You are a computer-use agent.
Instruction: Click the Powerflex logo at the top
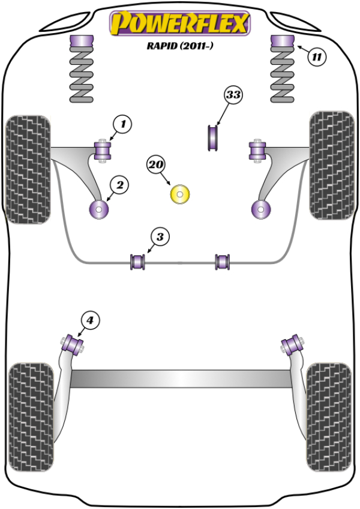(x=179, y=25)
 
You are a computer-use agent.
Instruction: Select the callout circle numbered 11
(x=316, y=58)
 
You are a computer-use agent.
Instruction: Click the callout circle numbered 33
(x=233, y=95)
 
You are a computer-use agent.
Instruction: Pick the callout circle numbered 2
(x=119, y=186)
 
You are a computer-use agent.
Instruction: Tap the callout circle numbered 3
(x=159, y=238)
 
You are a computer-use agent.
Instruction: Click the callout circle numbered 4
(x=89, y=321)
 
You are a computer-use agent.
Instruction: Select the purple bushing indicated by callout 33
(x=212, y=138)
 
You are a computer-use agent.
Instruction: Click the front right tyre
(x=331, y=164)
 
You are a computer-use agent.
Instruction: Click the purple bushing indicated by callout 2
(x=97, y=209)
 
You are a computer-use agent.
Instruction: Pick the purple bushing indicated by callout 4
(x=75, y=345)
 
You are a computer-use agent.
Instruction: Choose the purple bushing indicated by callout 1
(x=104, y=149)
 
